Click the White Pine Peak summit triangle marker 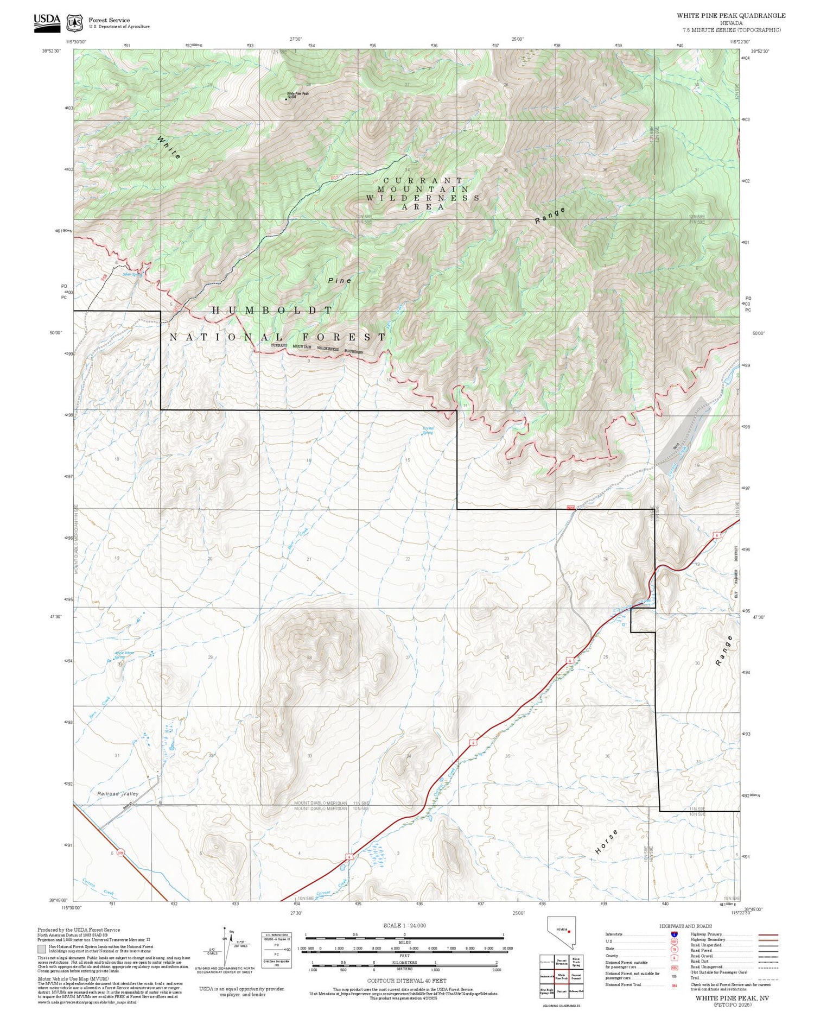287,99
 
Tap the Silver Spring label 132,275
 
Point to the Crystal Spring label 428,430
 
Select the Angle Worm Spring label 124,655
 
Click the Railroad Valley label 118,794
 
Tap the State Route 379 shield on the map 120,853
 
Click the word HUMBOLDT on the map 272,310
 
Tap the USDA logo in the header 47,22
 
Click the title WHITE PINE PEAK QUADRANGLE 731,15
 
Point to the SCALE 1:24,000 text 404,925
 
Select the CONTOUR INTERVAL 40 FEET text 406,981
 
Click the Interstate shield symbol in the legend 674,934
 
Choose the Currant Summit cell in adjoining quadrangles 576,976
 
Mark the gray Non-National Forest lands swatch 42,949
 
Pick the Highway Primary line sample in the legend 765,934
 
